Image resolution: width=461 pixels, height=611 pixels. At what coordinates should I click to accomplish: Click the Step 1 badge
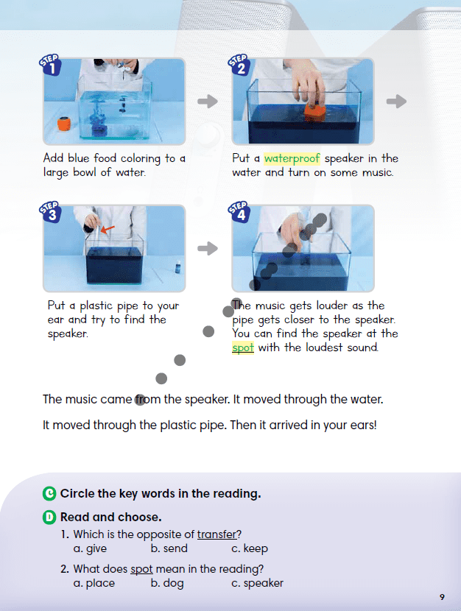(x=52, y=67)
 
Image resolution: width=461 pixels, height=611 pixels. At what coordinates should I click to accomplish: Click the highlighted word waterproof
(x=292, y=158)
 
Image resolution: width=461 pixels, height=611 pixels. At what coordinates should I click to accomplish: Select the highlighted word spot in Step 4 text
(x=243, y=347)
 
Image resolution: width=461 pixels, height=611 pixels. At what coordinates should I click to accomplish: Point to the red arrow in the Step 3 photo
(x=108, y=230)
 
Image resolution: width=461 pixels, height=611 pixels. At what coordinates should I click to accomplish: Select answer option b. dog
(x=167, y=583)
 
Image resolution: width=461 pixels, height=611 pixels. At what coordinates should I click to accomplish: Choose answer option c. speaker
(x=257, y=583)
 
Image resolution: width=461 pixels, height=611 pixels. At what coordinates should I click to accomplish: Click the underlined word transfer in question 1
(x=219, y=534)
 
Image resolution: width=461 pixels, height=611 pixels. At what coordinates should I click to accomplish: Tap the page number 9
(x=441, y=596)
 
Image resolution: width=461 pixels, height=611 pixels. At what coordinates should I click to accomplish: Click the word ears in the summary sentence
(x=361, y=425)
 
